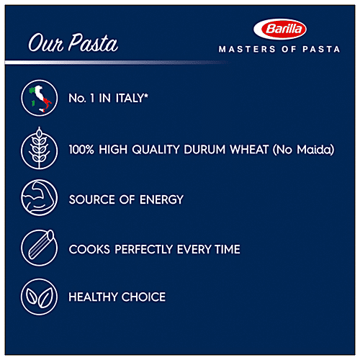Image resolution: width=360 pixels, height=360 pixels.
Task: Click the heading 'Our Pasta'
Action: click(73, 44)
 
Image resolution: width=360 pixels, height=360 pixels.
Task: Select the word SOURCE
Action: click(91, 199)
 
